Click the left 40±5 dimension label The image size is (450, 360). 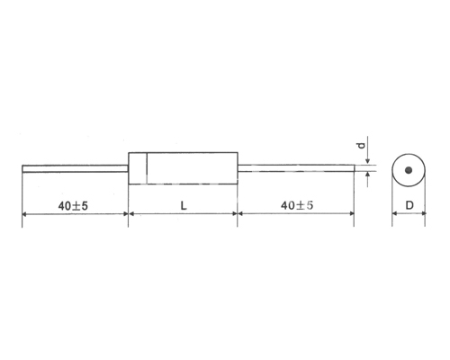pyautogui.click(x=73, y=206)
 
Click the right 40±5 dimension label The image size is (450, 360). pyautogui.click(x=297, y=205)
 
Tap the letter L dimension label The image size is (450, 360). pyautogui.click(x=184, y=205)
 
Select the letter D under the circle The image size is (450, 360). pyautogui.click(x=409, y=205)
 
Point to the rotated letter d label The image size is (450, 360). pyautogui.click(x=362, y=146)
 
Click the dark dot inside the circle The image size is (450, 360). pyautogui.click(x=409, y=170)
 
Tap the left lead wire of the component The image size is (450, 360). pyautogui.click(x=76, y=168)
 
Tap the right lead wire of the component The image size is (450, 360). pyautogui.click(x=296, y=168)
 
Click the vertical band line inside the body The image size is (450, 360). pyautogui.click(x=147, y=168)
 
